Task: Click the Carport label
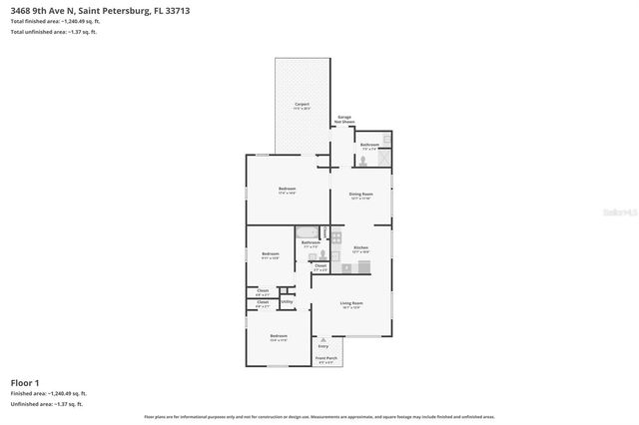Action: (x=302, y=104)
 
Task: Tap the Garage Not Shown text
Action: (x=343, y=119)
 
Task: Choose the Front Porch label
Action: (x=326, y=357)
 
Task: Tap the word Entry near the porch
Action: (x=323, y=345)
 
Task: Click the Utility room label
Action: (x=287, y=300)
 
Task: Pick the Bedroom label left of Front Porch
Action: (x=279, y=336)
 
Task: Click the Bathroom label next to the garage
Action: (x=369, y=145)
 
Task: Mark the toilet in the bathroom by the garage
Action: (x=365, y=159)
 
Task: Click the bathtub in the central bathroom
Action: (x=310, y=231)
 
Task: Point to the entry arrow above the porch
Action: (x=323, y=338)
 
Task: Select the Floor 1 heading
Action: (x=25, y=382)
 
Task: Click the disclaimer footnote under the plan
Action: (x=319, y=415)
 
